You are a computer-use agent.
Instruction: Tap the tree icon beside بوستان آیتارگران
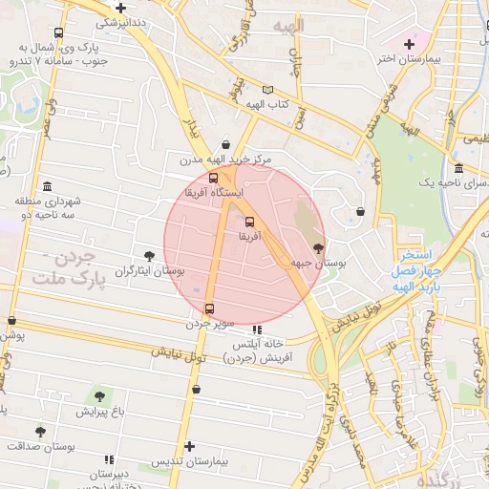pos(149,255)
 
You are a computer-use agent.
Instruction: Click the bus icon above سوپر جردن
pos(210,308)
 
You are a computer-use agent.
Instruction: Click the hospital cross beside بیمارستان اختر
pos(410,44)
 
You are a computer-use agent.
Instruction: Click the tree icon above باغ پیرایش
pos(99,394)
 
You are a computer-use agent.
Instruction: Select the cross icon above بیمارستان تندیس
pos(190,446)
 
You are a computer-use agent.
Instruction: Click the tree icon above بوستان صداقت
pos(40,432)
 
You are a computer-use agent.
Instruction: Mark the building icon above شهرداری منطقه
pos(47,186)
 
